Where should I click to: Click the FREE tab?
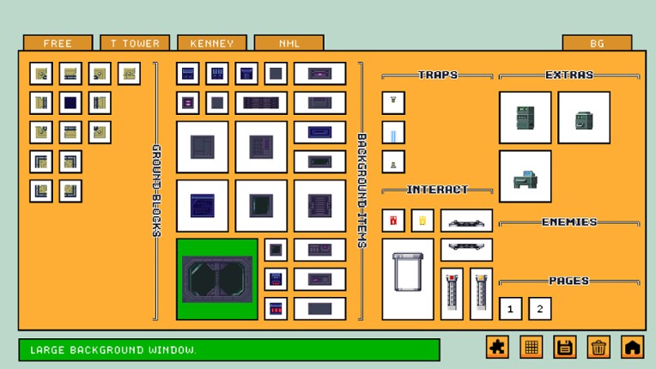tap(58, 43)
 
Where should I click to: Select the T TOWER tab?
tap(135, 43)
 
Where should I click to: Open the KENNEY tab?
tap(211, 43)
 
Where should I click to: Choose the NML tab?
tap(289, 43)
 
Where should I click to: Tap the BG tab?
tap(597, 43)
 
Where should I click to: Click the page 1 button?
tap(511, 309)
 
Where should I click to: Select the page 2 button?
tap(540, 309)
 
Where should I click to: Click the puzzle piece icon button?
tap(498, 347)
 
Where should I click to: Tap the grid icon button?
tap(531, 347)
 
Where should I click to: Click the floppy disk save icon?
tap(565, 347)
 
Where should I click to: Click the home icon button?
tap(632, 347)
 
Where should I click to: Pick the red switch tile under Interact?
tap(393, 221)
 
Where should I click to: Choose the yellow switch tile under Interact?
tap(422, 221)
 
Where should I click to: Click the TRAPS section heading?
tap(438, 76)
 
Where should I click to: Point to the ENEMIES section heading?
tap(569, 222)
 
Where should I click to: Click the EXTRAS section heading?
tap(569, 76)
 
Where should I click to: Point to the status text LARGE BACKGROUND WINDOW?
tap(113, 350)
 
